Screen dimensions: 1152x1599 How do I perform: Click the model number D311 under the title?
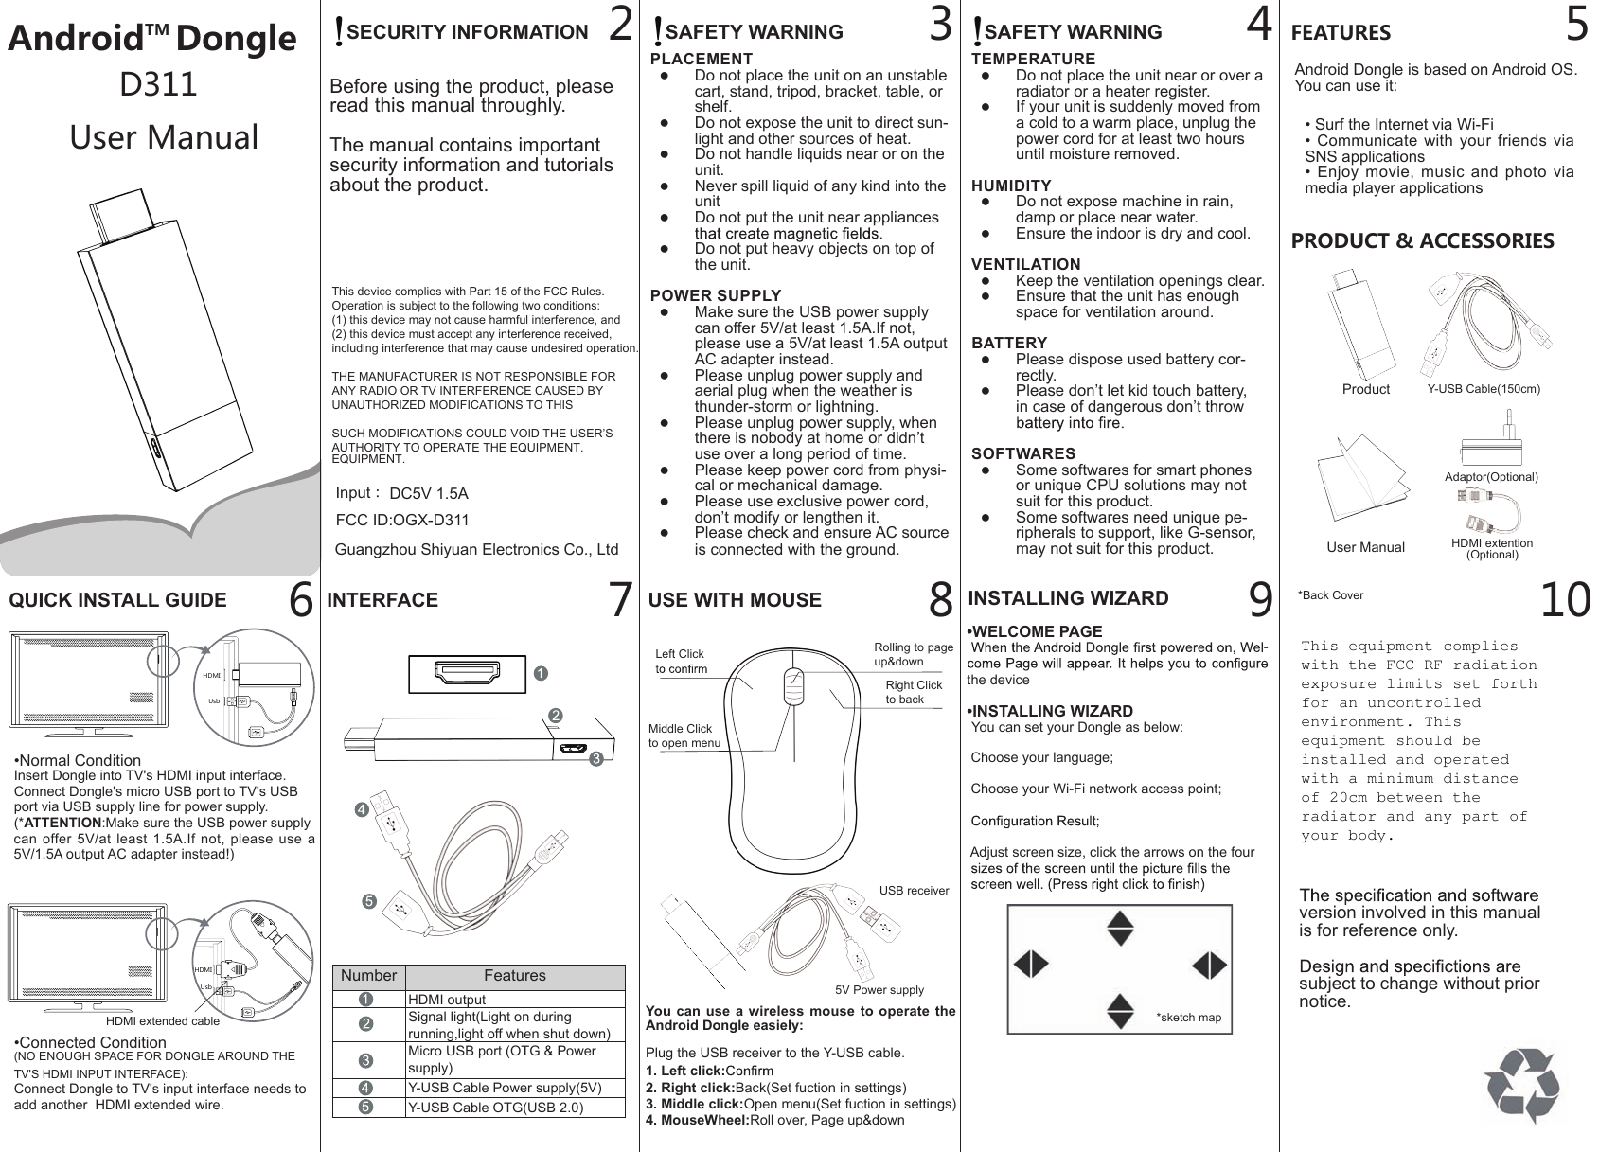pyautogui.click(x=158, y=85)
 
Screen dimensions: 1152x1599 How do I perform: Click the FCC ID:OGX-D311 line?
pyautogui.click(x=402, y=521)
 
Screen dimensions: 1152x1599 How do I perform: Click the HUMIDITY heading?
pyautogui.click(x=1011, y=186)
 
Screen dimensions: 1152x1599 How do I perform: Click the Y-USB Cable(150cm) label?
pyautogui.click(x=1484, y=389)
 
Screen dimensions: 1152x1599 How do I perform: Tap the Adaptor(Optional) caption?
pyautogui.click(x=1491, y=477)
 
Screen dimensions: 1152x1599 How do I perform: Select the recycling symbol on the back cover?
pyautogui.click(x=1521, y=1086)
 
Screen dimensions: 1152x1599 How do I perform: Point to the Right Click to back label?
pyautogui.click(x=913, y=692)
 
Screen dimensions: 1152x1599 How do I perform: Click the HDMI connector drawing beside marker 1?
pyautogui.click(x=467, y=673)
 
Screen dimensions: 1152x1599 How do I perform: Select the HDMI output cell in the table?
pyautogui.click(x=446, y=1000)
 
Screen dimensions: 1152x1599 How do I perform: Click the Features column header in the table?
pyautogui.click(x=514, y=976)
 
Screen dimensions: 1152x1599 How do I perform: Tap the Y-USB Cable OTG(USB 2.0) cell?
pyautogui.click(x=495, y=1108)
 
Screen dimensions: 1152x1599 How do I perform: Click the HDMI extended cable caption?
pyautogui.click(x=162, y=1021)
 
